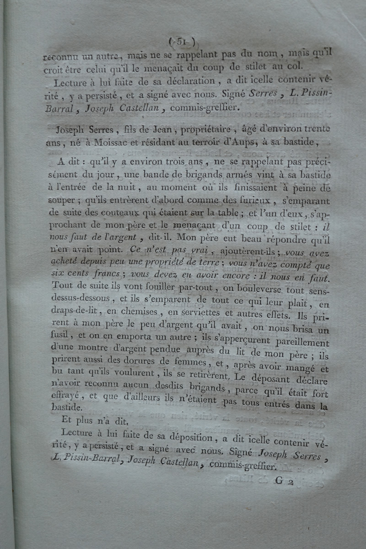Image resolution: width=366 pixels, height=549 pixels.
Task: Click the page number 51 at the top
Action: pyautogui.click(x=182, y=42)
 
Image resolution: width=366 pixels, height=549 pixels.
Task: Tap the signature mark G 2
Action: pyautogui.click(x=285, y=480)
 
